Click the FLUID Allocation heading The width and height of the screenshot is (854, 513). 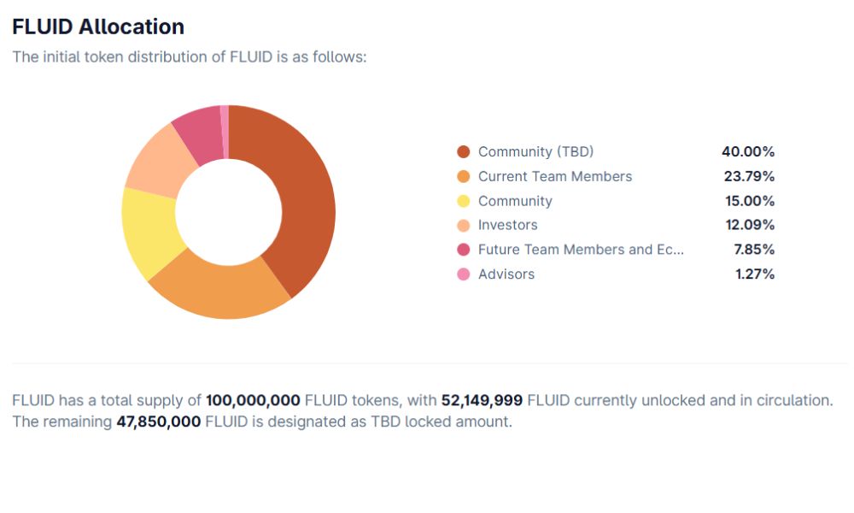coord(98,27)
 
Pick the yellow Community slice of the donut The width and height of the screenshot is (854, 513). coord(149,231)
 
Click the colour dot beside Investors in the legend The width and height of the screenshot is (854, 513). coord(464,226)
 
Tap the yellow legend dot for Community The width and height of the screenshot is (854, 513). coord(464,201)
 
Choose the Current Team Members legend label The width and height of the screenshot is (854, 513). coord(555,176)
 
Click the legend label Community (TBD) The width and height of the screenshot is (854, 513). coord(535,151)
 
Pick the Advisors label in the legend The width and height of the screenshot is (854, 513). coord(506,274)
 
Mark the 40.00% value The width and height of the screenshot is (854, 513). coord(748,151)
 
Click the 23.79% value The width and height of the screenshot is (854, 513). coord(748,176)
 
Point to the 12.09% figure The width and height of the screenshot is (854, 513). coord(748,226)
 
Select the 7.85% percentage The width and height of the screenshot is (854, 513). coord(753,250)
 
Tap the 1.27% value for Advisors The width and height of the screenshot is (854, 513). coord(753,274)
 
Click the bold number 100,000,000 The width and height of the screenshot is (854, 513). coord(253,400)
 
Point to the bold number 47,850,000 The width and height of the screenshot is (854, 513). coord(158,422)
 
